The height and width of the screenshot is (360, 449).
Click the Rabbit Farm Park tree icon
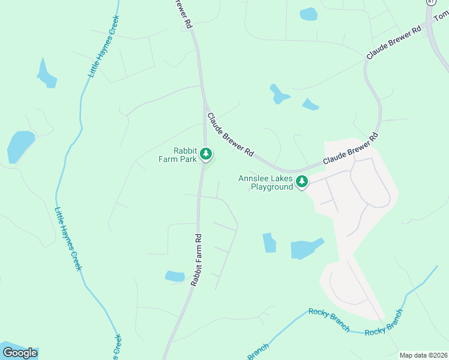tap(206, 154)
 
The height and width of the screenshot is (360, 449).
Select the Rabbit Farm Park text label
tap(177, 155)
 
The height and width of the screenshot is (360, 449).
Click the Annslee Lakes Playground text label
tap(265, 182)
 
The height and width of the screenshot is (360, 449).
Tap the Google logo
tap(20, 353)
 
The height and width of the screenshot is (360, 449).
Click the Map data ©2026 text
tap(423, 355)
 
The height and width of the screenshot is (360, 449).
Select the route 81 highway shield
tap(430, 2)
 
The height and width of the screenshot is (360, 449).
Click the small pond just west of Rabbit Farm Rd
tap(175, 276)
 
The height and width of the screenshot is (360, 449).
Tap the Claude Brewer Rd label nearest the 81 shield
tap(393, 43)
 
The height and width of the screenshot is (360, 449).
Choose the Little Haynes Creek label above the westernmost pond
tap(104, 46)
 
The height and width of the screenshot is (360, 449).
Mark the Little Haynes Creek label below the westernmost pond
tap(67, 238)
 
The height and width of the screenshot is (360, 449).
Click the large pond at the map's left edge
tap(20, 146)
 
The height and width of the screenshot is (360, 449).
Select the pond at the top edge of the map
tap(308, 14)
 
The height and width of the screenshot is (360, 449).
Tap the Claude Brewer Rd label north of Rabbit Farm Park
tap(230, 135)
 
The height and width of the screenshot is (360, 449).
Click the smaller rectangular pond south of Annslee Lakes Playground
tap(270, 242)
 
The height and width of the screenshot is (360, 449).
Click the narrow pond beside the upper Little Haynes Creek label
tap(46, 74)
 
